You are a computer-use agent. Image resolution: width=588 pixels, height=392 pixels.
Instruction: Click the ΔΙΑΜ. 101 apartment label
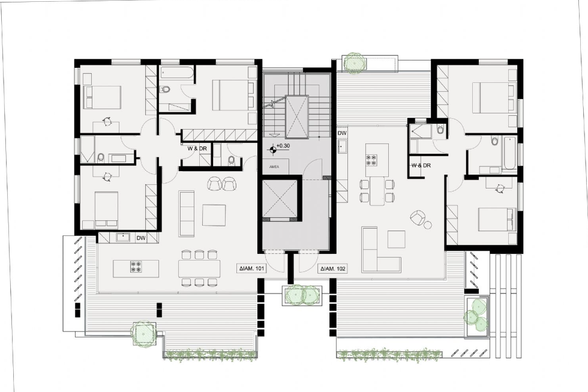(x=251, y=269)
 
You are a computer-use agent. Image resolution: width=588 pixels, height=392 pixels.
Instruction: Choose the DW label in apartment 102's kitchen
(x=342, y=133)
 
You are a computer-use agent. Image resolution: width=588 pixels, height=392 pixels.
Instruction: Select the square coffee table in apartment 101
(x=214, y=214)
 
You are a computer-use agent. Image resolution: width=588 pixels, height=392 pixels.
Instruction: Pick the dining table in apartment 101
(x=199, y=268)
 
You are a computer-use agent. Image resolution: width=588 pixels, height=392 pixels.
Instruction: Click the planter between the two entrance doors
(x=302, y=295)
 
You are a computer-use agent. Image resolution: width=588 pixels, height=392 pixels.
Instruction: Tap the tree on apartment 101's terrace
(x=144, y=331)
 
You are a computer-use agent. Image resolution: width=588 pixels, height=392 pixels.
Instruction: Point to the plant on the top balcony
(x=355, y=62)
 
